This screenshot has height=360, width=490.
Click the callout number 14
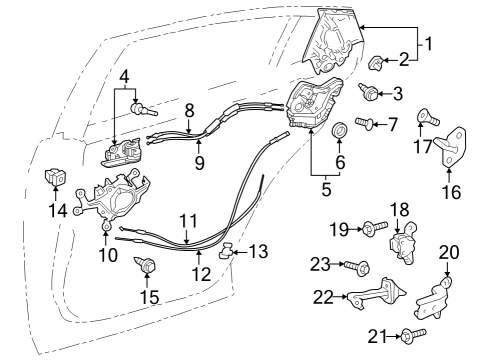pos(57,211)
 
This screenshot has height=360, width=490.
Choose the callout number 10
pos(107,254)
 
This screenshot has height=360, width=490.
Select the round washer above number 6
pos(337,129)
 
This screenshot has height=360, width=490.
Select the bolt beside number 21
pos(415,335)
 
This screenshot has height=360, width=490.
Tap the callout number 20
pos(448,252)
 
